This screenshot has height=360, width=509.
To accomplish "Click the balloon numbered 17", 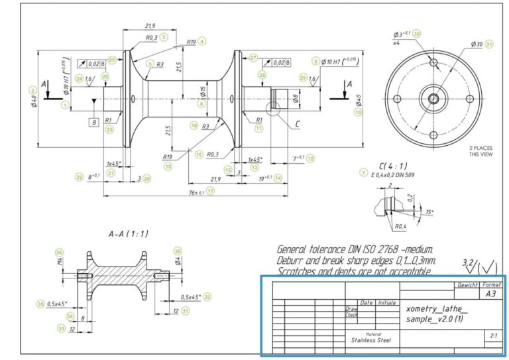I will [211, 191].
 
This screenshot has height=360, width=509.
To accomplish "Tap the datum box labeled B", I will [94, 122].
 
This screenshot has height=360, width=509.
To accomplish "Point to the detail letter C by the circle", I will [297, 123].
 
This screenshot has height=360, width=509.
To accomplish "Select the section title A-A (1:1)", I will [128, 233].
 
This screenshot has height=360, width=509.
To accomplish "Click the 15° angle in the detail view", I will [429, 212].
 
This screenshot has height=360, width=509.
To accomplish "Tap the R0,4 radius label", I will [400, 227].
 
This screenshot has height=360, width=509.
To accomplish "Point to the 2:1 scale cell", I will [492, 336].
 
